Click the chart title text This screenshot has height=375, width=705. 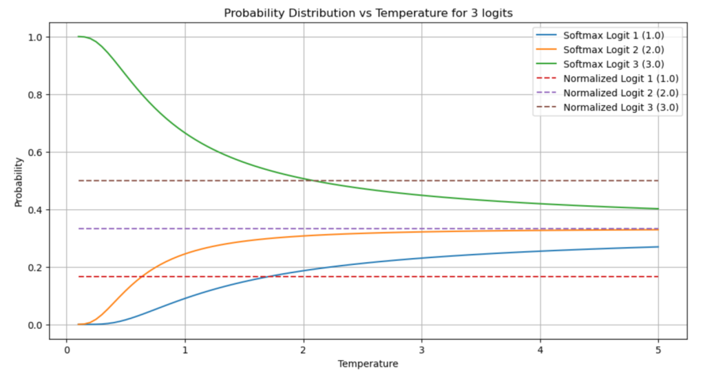pyautogui.click(x=368, y=13)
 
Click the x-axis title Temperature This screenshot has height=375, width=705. pyautogui.click(x=368, y=363)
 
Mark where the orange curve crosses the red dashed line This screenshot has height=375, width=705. pyautogui.click(x=140, y=277)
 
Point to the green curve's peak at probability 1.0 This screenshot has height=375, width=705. pyautogui.click(x=79, y=36)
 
